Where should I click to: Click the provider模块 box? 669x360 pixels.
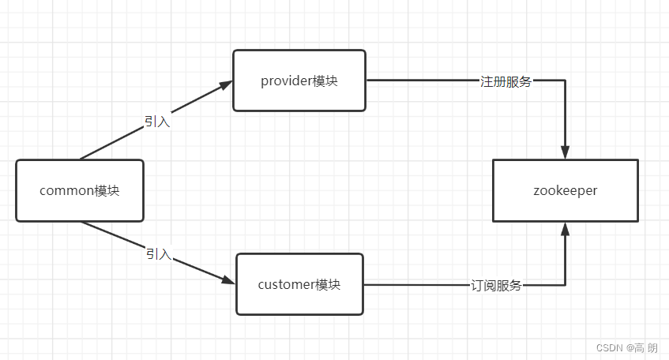(299, 81)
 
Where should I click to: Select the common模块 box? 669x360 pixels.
(80, 190)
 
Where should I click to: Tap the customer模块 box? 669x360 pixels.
(299, 284)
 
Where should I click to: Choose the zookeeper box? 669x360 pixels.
(565, 190)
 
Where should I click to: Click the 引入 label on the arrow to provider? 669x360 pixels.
(157, 122)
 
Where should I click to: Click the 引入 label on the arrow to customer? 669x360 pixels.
(158, 254)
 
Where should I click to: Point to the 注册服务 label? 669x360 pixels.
(506, 81)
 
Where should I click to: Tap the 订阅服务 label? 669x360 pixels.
(496, 285)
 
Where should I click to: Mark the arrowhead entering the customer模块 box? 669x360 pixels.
(227, 280)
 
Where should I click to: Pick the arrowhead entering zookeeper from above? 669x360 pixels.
(565, 152)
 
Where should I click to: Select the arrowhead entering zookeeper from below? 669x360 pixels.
(565, 230)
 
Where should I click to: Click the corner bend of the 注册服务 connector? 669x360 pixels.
(565, 81)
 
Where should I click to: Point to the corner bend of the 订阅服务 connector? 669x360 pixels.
(565, 284)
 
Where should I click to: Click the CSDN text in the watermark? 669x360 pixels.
(609, 347)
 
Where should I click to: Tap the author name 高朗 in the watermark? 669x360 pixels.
(648, 347)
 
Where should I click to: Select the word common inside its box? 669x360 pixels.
(66, 190)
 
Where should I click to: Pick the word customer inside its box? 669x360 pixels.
(286, 284)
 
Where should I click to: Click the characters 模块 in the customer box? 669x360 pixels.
(328, 284)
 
